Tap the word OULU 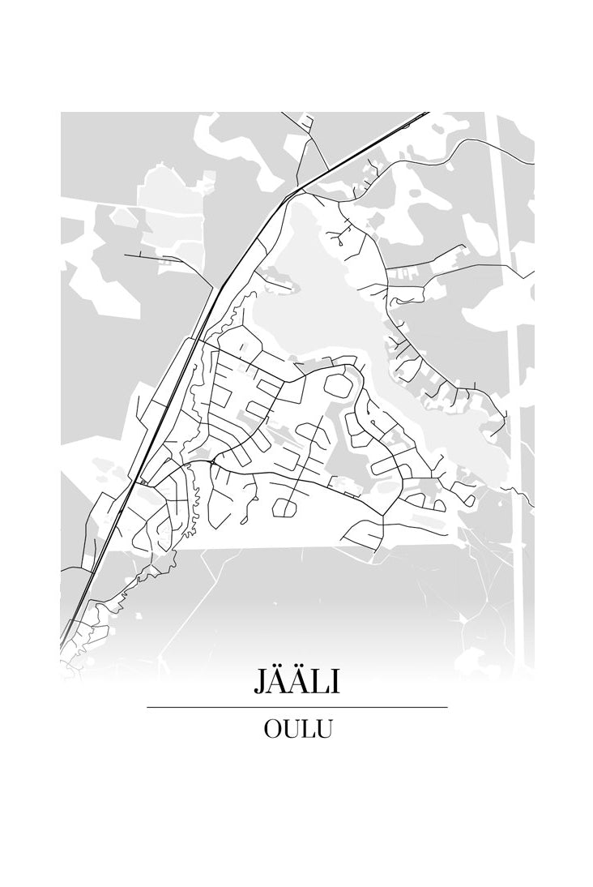(297, 728)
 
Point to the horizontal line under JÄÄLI (296, 707)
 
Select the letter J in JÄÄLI (261, 681)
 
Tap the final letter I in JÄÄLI (335, 680)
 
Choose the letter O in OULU (272, 728)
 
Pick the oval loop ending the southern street (285, 508)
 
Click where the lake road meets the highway (298, 191)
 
